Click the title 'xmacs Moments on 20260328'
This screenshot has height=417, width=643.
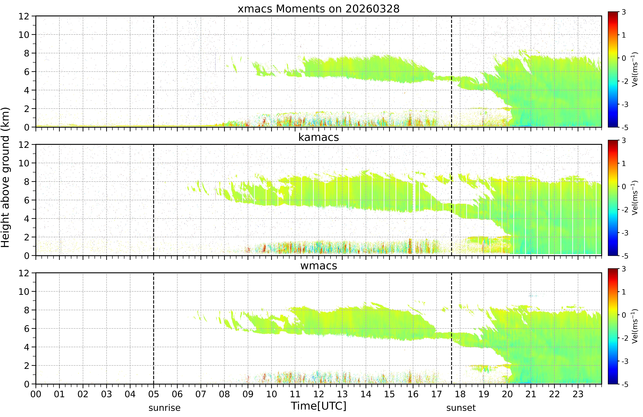pos(318,9)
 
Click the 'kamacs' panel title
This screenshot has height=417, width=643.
pos(318,137)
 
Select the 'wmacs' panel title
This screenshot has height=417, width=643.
pos(318,266)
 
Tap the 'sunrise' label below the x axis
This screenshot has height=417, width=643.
pos(165,408)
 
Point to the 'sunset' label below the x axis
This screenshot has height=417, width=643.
pos(461,408)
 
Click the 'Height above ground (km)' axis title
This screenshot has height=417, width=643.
pos(5,177)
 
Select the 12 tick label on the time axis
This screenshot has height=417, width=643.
pos(318,394)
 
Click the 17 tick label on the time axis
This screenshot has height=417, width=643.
pos(436,394)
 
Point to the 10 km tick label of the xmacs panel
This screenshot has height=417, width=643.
pos(24,35)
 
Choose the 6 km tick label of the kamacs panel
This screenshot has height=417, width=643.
pos(26,200)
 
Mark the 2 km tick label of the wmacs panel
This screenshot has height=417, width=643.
pos(26,366)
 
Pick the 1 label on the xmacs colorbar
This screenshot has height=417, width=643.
pos(624,35)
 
